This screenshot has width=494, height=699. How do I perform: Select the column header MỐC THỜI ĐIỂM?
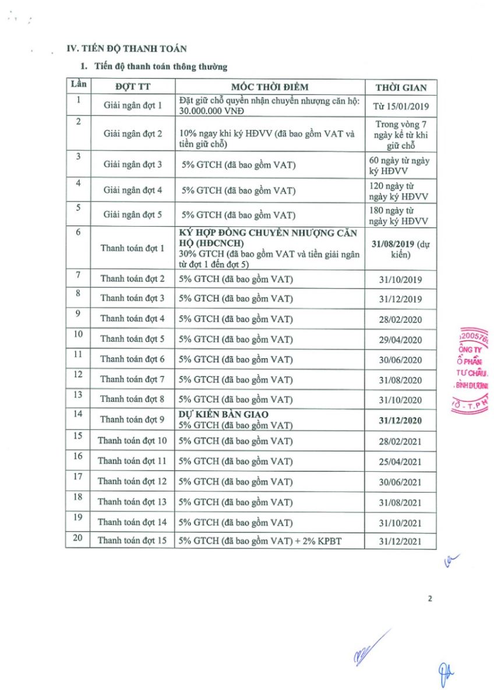click(270, 87)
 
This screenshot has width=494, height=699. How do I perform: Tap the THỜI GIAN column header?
click(401, 87)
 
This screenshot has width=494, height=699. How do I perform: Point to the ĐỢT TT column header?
click(132, 87)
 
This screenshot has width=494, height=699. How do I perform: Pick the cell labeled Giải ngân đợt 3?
click(133, 165)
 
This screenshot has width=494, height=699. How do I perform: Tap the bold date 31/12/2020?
click(401, 420)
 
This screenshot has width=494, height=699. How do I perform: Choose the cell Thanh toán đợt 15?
click(132, 541)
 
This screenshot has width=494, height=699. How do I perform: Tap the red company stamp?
click(473, 373)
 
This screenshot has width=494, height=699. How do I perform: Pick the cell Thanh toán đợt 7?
click(132, 380)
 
